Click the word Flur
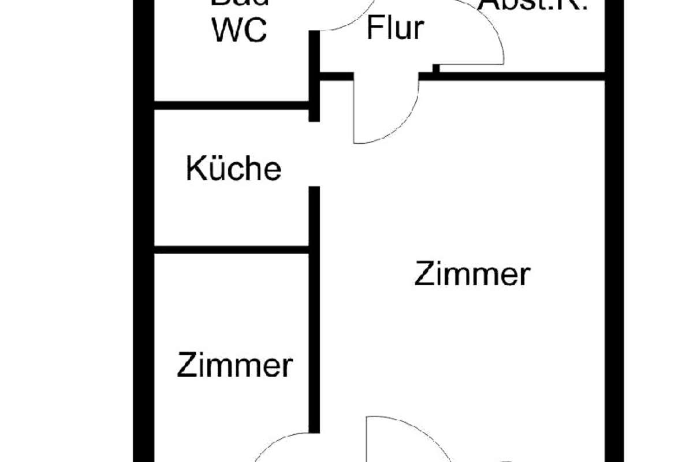coord(395,28)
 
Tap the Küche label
coord(233,169)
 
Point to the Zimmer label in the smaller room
coord(234,365)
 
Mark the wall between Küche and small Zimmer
coord(231,250)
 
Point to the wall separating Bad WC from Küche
coord(231,105)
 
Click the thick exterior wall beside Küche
coord(144,173)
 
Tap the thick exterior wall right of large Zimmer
coord(614,260)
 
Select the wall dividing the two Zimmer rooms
coord(314,312)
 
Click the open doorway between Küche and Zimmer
coord(314,154)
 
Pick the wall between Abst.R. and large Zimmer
coord(520,76)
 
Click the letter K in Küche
coord(194,169)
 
